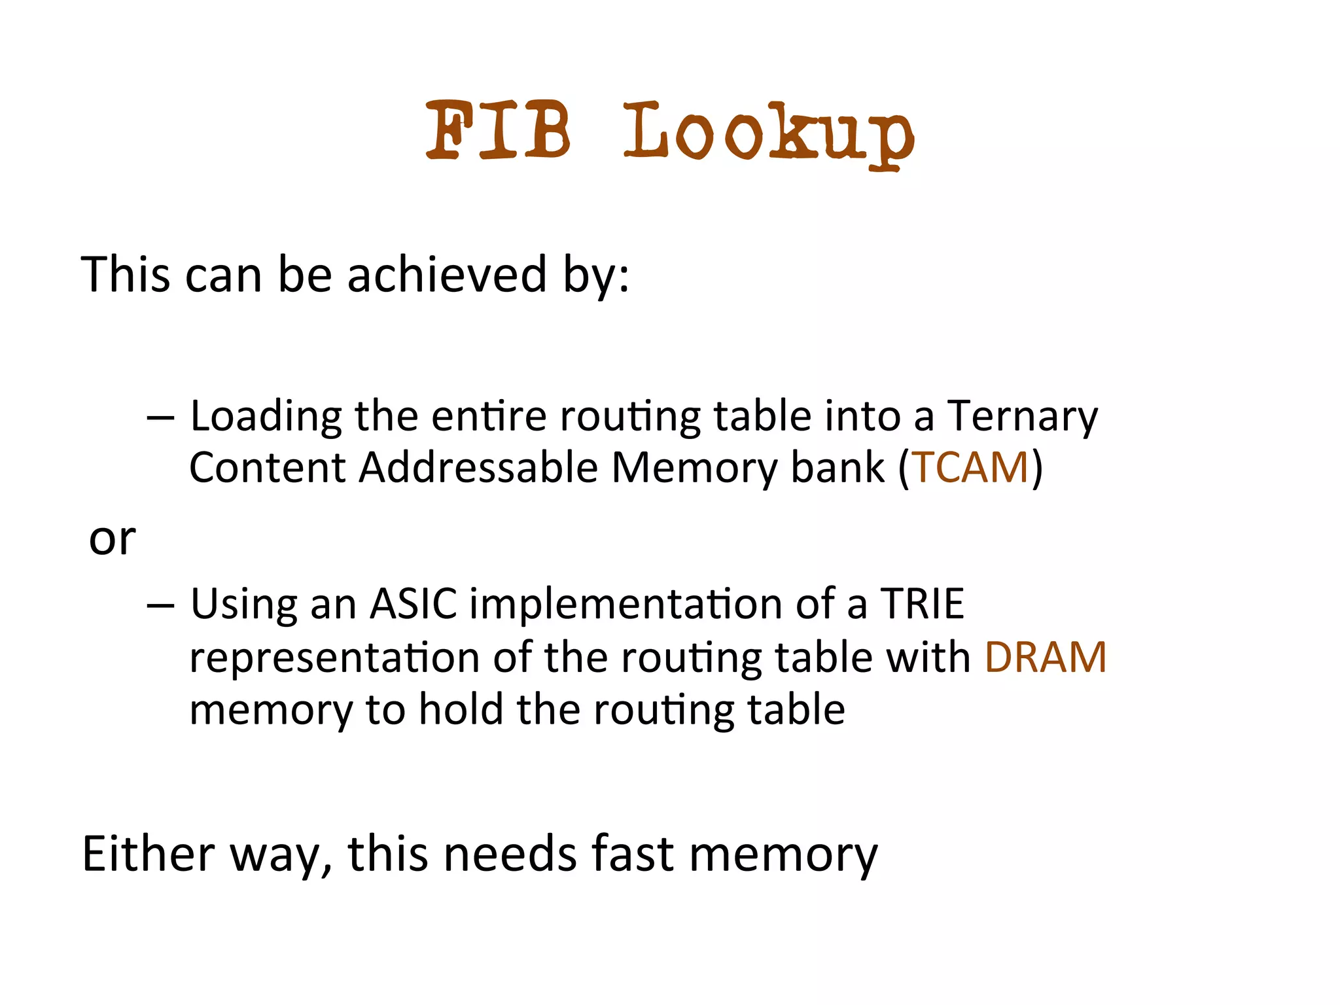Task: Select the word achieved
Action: [x=446, y=274]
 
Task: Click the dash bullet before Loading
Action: [x=161, y=417]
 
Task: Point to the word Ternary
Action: [x=1023, y=417]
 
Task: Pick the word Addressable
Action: [x=478, y=468]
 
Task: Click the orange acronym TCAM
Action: [x=970, y=468]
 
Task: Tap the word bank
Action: [x=837, y=468]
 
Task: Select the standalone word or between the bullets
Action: [x=112, y=540]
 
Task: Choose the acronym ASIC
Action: [x=414, y=603]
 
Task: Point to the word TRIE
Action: [x=923, y=603]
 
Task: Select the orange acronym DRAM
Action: [x=1045, y=657]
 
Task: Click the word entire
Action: [x=489, y=416]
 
